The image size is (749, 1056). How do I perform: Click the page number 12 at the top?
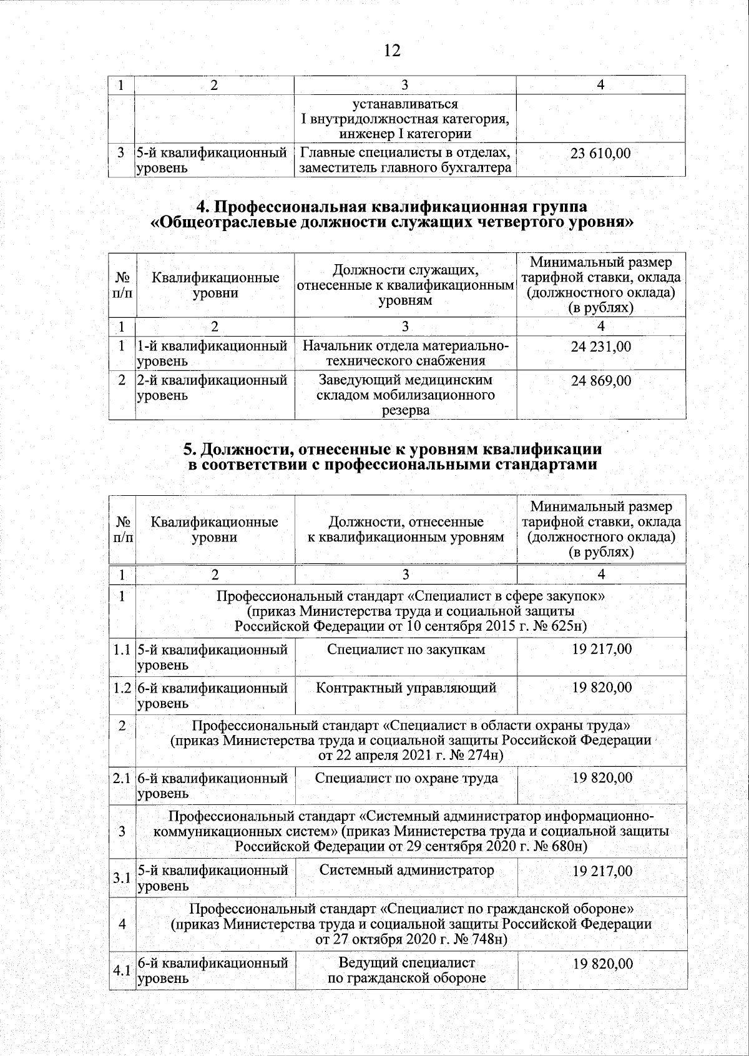pos(391,51)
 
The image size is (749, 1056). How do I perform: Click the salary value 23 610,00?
pos(601,153)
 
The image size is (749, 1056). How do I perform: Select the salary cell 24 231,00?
pos(601,347)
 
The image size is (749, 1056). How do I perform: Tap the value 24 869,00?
pos(601,380)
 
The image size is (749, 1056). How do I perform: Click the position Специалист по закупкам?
pos(406,649)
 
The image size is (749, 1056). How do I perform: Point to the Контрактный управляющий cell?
pos(406,688)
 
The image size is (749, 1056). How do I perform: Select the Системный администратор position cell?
pos(406,870)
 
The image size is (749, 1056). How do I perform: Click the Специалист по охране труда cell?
pos(406,778)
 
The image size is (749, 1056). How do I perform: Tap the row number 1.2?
pos(122,688)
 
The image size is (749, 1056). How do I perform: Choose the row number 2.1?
pos(122,779)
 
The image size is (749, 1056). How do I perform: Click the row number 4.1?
pos(122,971)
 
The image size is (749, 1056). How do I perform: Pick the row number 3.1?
pos(122,878)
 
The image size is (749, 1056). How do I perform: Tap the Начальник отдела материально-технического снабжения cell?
pos(406,353)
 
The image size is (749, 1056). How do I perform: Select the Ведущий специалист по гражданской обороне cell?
pos(406,970)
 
